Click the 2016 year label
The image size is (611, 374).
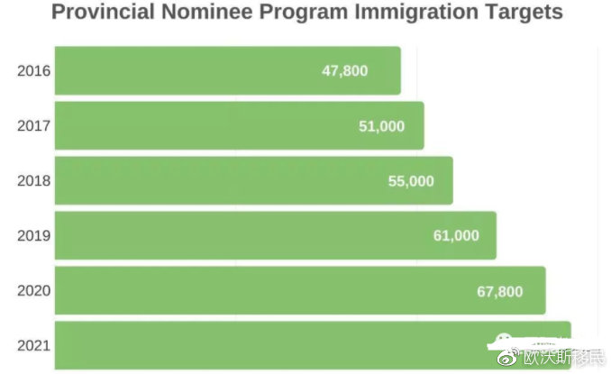click(34, 70)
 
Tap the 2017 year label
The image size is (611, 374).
click(34, 126)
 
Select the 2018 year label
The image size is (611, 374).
click(34, 180)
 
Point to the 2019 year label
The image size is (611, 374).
click(34, 236)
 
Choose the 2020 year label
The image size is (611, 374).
click(34, 291)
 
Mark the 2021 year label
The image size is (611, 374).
click(34, 346)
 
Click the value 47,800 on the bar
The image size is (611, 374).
click(345, 70)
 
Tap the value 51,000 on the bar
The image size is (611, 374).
click(381, 126)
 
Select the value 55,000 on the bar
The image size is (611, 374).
click(411, 181)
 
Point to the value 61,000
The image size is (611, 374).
click(456, 236)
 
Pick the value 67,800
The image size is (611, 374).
click(499, 291)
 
